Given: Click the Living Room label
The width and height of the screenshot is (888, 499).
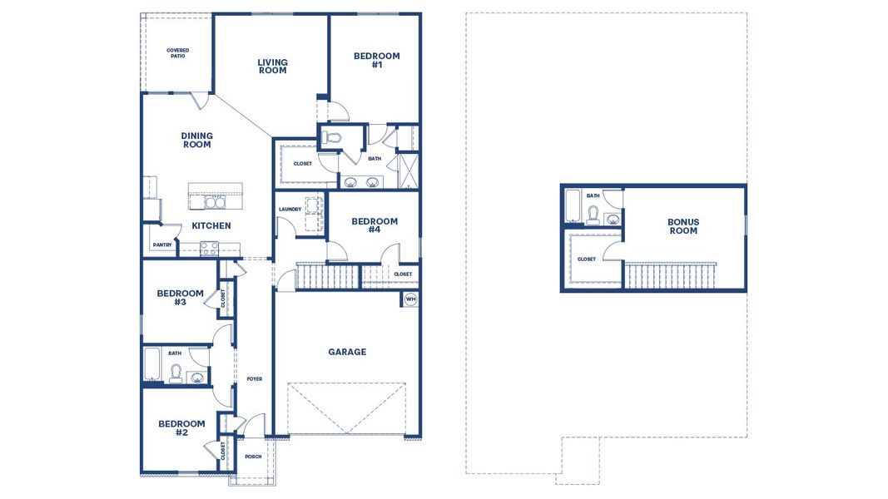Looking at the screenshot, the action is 272,67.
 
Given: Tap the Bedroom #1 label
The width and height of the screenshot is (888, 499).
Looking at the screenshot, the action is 377,60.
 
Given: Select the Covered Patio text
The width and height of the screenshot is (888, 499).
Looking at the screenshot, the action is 178,53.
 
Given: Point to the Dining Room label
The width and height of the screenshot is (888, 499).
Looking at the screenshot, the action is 197,140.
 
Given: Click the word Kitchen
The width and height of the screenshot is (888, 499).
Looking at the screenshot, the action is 211,225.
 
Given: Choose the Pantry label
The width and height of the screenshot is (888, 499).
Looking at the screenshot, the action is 162,245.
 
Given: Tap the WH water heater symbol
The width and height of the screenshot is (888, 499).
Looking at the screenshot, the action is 410,299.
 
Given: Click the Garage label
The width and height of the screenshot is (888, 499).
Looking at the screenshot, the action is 347,352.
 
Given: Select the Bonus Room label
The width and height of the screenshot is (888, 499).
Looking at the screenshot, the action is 683,226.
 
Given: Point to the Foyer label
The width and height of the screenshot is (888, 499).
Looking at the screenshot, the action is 255,379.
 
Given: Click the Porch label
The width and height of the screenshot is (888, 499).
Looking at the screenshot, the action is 253,457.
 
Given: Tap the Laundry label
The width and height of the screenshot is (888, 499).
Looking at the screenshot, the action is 290,210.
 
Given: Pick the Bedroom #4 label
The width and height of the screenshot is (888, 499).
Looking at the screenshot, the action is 375,225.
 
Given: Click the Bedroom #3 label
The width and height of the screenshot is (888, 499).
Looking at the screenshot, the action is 180,298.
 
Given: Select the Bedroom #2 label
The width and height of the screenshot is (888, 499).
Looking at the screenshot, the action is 181,427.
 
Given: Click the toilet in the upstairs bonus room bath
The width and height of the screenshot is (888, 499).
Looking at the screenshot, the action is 593,215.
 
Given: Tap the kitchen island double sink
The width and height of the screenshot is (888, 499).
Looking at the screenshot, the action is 215,203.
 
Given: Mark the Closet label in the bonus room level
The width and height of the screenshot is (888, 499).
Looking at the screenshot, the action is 586,259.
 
